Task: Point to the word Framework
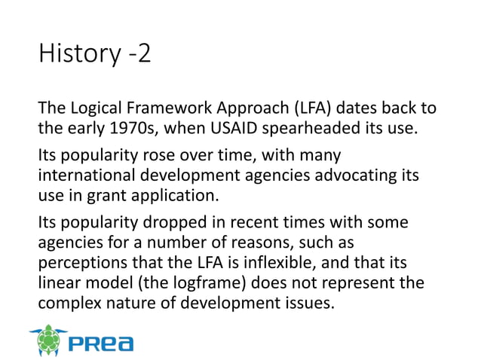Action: [x=175, y=108]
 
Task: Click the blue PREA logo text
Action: [x=101, y=343]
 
